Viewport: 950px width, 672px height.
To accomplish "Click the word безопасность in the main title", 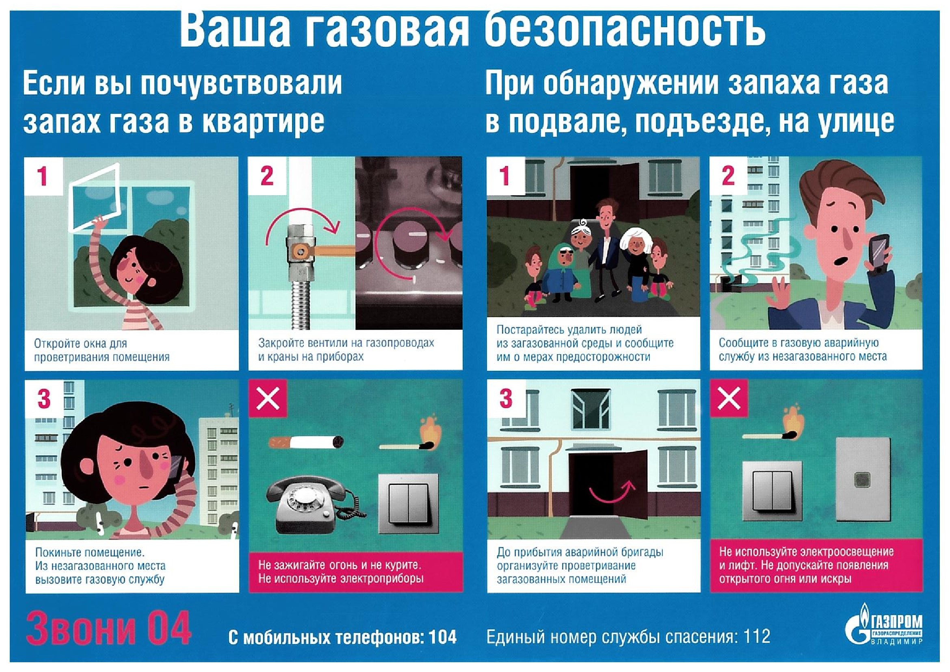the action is coord(624,29).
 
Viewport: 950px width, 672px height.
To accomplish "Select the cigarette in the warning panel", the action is coord(305,443).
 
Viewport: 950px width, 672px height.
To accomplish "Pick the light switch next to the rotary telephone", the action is coord(407,503).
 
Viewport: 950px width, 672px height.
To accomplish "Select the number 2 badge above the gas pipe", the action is coord(267,176).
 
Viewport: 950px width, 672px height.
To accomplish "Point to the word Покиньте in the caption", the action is coord(58,552).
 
